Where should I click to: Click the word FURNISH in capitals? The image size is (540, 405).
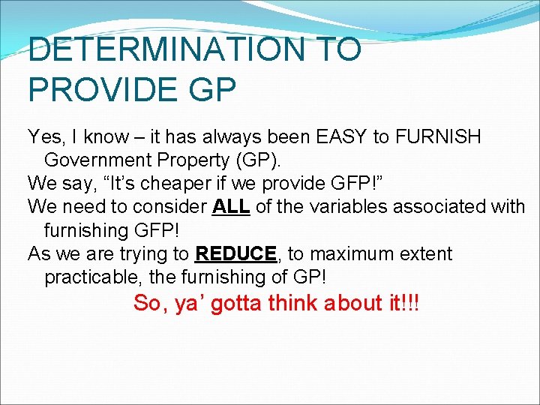pyautogui.click(x=437, y=137)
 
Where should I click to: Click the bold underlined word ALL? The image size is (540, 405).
pyautogui.click(x=231, y=207)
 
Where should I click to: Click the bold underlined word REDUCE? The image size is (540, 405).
pyautogui.click(x=235, y=253)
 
